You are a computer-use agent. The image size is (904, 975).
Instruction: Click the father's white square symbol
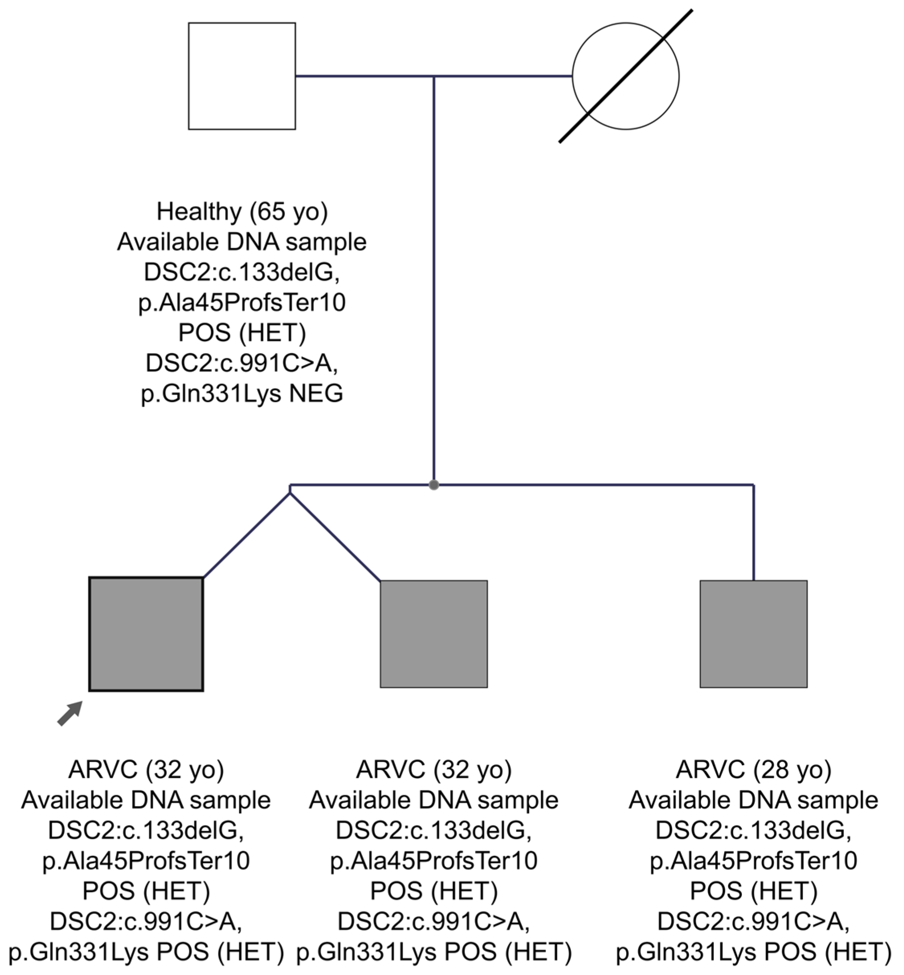(242, 76)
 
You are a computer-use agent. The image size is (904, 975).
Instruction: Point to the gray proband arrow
(70, 713)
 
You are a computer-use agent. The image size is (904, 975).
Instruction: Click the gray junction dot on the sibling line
(434, 485)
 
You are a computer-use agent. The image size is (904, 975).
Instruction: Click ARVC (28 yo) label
(753, 769)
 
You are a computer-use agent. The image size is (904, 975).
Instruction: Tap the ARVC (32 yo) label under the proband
(146, 769)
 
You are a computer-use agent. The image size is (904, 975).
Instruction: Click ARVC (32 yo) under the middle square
(434, 769)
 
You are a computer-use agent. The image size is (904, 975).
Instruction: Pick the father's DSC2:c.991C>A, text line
(242, 363)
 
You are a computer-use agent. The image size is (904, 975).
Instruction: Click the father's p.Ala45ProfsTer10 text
(242, 302)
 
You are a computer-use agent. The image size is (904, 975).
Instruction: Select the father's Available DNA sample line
(242, 242)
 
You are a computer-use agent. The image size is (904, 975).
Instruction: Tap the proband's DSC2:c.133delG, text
(146, 830)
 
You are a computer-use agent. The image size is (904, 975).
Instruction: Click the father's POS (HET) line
(242, 333)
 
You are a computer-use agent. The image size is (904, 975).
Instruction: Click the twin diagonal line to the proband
(246, 535)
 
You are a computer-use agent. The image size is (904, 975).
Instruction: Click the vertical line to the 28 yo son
(753, 533)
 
